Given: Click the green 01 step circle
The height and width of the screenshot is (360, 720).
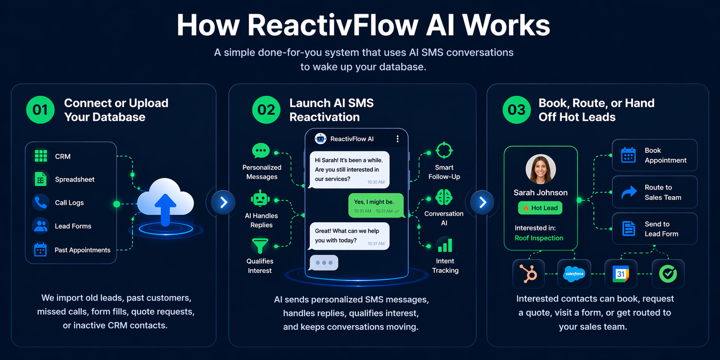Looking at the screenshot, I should (40, 110).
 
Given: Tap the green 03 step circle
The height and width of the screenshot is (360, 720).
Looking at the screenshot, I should (517, 110).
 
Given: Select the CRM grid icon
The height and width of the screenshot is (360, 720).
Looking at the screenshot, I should (41, 156).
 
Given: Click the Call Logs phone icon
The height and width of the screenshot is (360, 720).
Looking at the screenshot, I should (41, 202).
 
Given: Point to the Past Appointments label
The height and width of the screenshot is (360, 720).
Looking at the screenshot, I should (82, 250).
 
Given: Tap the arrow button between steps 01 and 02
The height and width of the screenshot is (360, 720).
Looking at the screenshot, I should (224, 202).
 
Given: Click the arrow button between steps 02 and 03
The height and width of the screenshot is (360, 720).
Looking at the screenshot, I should (482, 202).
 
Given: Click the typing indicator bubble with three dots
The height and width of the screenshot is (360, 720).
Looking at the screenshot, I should (324, 263).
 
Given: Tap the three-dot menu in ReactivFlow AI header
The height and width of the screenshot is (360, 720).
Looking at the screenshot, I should (397, 139).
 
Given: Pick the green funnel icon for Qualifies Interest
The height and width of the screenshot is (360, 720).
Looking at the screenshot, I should (260, 246).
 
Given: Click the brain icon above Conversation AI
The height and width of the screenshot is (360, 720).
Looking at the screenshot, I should (444, 197).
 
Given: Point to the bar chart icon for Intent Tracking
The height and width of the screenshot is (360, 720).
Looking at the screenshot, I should (445, 245).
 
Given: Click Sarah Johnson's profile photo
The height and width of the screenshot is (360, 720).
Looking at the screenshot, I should (540, 169).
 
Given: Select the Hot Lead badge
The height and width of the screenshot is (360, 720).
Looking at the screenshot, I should (540, 208).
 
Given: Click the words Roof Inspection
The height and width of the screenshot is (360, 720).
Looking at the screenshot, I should (539, 238).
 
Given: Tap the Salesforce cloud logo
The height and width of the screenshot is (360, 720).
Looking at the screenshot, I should (574, 274).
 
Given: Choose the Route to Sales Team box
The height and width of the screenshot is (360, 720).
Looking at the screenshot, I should (654, 192).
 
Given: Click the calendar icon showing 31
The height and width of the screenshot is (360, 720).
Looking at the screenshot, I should (621, 274).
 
